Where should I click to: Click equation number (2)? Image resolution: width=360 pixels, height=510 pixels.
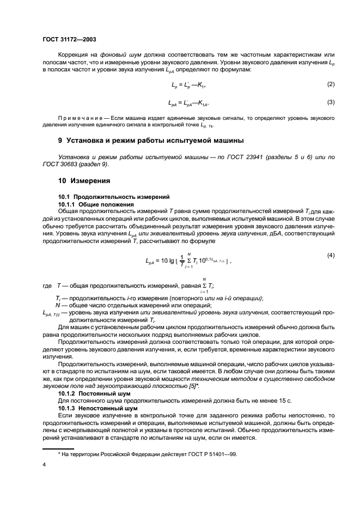(330, 84)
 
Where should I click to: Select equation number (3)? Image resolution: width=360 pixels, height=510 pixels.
(330, 101)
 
